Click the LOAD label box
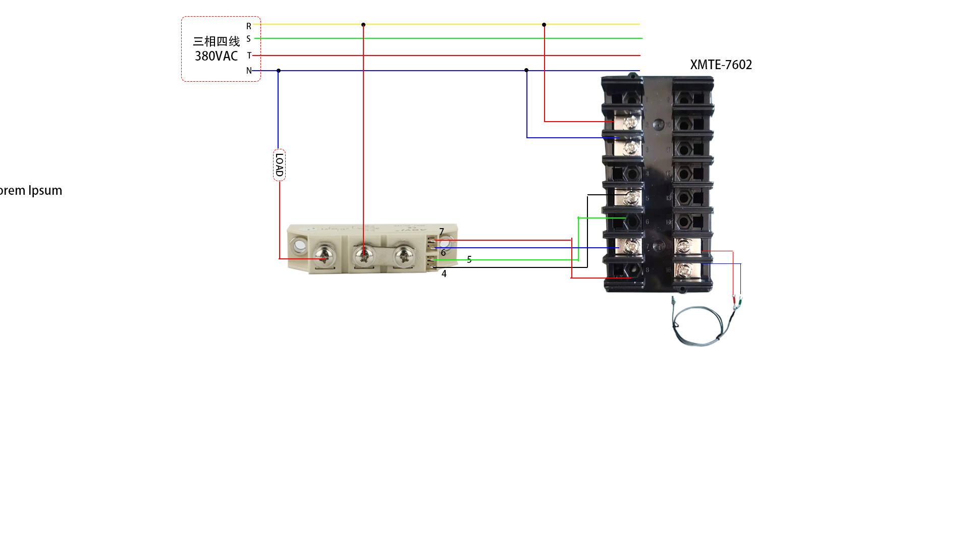[279, 165]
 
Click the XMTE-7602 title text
[721, 65]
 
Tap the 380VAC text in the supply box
[216, 56]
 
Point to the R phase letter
[249, 26]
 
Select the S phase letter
[249, 39]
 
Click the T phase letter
[249, 56]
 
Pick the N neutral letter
[249, 71]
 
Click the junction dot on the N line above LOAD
[279, 71]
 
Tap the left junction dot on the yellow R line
[363, 25]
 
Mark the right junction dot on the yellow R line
[544, 25]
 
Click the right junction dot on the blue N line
[526, 70]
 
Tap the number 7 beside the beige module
[442, 232]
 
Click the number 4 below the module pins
[444, 274]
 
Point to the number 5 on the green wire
[469, 259]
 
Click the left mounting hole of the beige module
[300, 246]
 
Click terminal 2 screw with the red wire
[630, 122]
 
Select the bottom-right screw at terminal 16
[683, 271]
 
